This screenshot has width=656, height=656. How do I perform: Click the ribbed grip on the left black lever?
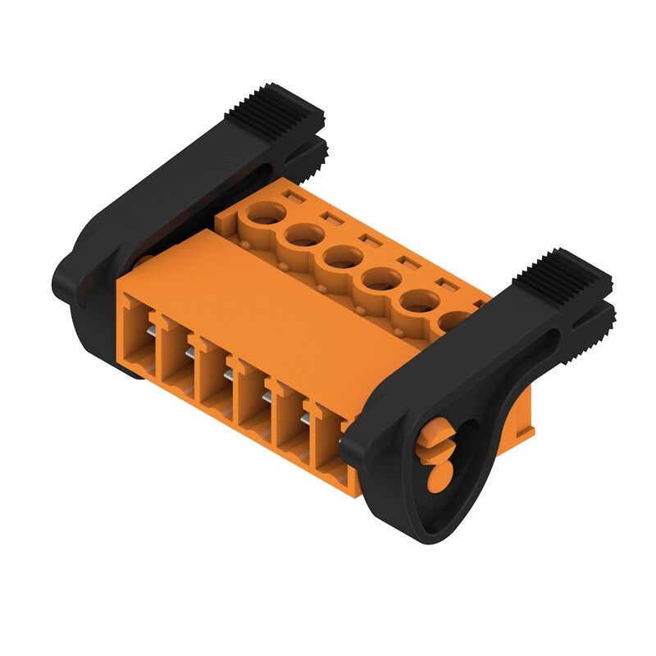284,107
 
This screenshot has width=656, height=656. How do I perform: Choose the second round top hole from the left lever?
304,237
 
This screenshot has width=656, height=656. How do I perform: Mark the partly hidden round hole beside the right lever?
449,321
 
